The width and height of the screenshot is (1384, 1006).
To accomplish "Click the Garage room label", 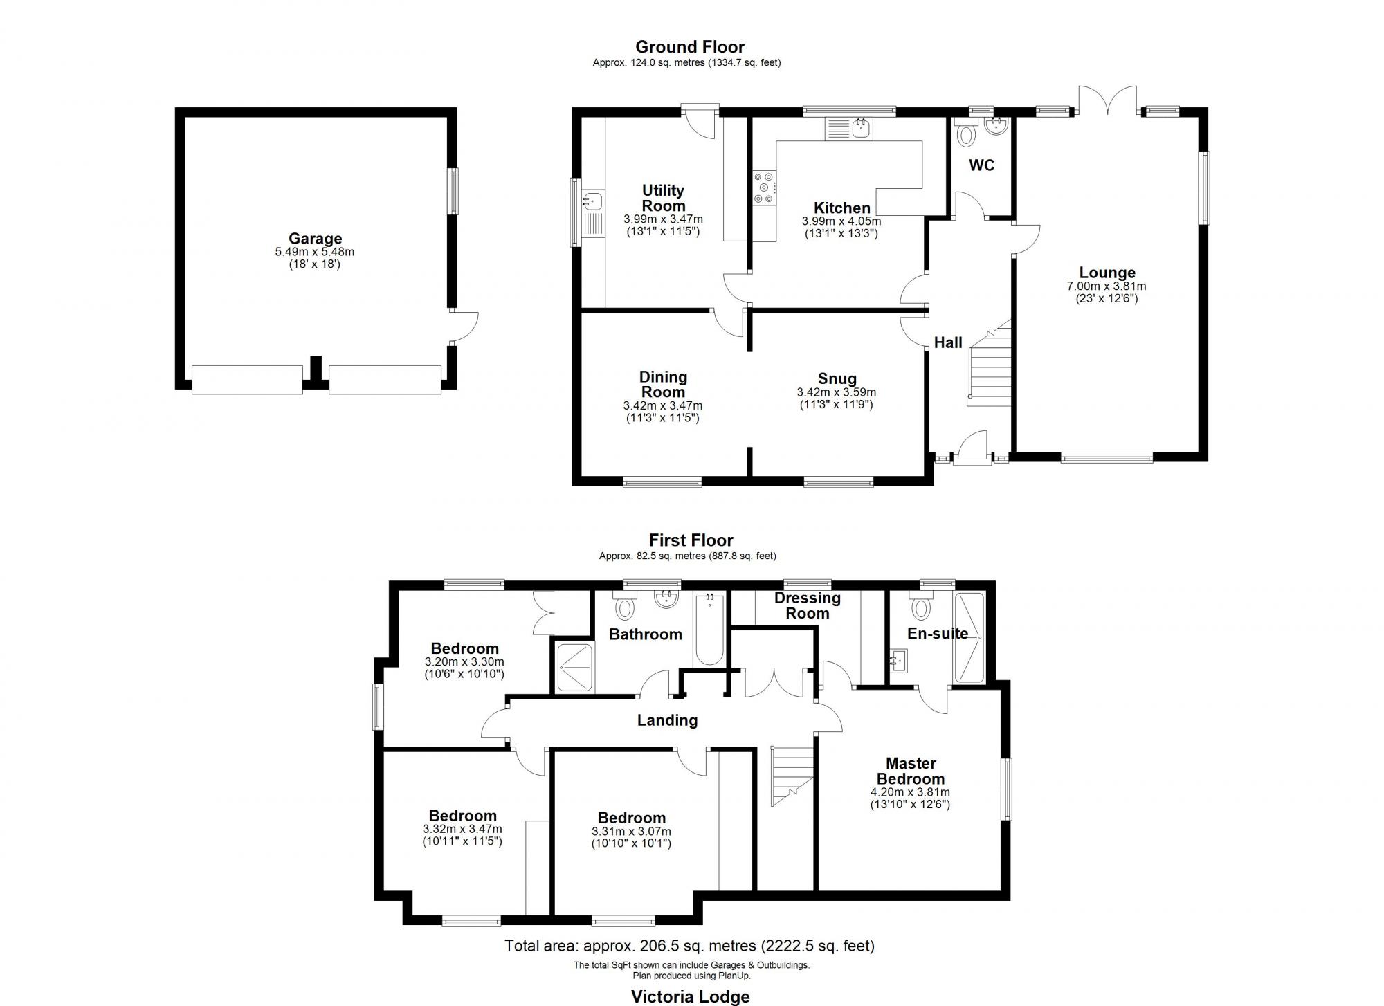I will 315,239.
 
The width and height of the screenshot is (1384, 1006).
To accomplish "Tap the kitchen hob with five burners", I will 765,187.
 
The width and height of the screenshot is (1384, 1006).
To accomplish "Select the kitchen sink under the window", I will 860,128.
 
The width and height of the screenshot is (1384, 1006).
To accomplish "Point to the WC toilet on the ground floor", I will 965,134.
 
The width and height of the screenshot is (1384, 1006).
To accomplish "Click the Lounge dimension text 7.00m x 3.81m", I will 1107,286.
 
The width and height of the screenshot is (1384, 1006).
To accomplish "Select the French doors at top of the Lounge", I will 1107,100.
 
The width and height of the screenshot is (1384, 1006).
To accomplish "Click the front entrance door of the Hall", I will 972,446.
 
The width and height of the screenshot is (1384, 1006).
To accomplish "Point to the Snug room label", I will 837,378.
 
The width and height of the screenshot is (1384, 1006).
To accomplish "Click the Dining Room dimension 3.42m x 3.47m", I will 662,405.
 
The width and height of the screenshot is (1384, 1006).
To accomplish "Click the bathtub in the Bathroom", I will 709,630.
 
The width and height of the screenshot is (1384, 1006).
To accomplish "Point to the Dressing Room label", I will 807,605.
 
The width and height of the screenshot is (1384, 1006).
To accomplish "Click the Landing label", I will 667,720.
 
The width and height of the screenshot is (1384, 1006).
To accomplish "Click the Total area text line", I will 689,945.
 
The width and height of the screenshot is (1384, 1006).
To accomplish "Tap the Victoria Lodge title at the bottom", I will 690,996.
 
